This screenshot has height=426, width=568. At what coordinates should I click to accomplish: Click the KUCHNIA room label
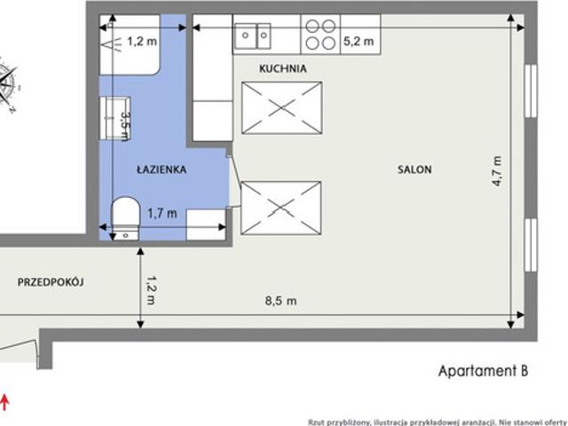tap(283, 68)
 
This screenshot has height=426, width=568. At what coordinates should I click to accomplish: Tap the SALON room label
tap(414, 170)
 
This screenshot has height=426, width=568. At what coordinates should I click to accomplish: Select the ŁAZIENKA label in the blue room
tap(162, 170)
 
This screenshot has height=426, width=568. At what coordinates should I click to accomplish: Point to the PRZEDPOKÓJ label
tap(51, 282)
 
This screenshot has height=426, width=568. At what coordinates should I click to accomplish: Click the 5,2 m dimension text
tap(359, 42)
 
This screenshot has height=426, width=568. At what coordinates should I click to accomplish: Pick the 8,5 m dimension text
tap(280, 301)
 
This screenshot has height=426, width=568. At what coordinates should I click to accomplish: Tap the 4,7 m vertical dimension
tap(497, 171)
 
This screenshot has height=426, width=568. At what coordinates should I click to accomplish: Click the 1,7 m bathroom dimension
tap(162, 213)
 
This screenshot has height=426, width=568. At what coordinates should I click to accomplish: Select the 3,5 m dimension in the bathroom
tap(124, 126)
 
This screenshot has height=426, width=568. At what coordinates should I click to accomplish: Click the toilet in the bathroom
tap(125, 218)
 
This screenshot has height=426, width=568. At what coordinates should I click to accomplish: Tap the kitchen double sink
tap(252, 35)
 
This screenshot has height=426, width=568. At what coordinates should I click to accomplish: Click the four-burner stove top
tap(320, 35)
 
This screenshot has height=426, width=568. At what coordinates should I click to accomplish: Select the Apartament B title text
tap(483, 371)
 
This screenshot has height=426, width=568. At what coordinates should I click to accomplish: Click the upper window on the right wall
tap(531, 91)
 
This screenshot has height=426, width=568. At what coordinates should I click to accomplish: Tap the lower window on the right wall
tap(531, 245)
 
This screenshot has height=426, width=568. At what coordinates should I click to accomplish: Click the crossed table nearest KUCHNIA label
tap(282, 108)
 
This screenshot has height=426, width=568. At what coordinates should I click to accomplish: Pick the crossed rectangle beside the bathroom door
tap(281, 209)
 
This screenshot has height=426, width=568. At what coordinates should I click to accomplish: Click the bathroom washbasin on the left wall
tap(114, 118)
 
